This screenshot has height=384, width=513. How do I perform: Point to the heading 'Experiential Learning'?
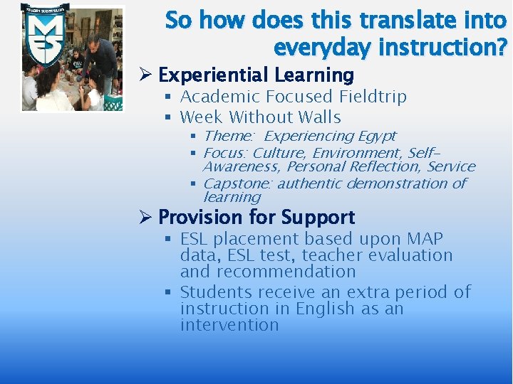coord(256,75)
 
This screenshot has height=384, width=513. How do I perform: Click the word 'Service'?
coord(451,166)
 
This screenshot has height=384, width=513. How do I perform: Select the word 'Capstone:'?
coord(237,183)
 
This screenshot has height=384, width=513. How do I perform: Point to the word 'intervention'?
coord(229,325)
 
